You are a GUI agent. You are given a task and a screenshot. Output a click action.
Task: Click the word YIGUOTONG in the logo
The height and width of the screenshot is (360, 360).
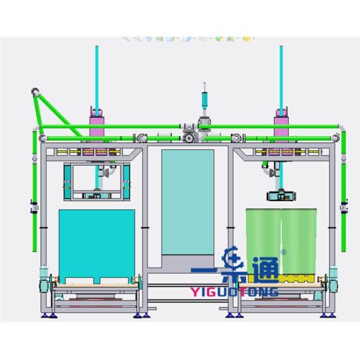point(235,292)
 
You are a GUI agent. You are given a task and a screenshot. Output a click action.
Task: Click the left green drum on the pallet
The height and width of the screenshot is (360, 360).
point(263,241)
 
